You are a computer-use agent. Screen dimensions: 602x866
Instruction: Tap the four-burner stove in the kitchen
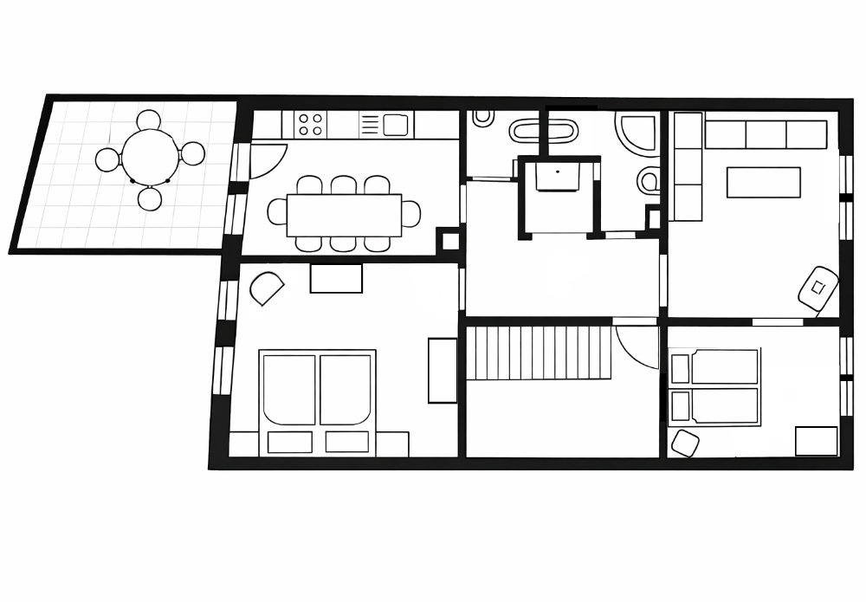coord(310,125)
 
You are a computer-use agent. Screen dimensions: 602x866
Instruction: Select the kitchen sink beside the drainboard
coord(395,125)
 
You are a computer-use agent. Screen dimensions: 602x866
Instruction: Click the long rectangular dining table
coord(344,214)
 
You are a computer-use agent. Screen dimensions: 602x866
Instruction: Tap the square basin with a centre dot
coord(556,176)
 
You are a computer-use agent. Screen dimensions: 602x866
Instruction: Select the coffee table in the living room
coord(763,182)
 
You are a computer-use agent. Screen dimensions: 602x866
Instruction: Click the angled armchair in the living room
coord(818,288)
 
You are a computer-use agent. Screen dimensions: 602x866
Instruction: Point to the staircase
coord(539,352)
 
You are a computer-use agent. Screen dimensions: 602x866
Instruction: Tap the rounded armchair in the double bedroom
coord(267,288)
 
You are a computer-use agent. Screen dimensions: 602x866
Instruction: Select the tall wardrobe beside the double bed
coord(442,370)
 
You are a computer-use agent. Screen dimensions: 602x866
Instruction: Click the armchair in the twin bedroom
coord(685,443)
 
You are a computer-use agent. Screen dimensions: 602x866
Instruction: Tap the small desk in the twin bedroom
coord(817,441)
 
